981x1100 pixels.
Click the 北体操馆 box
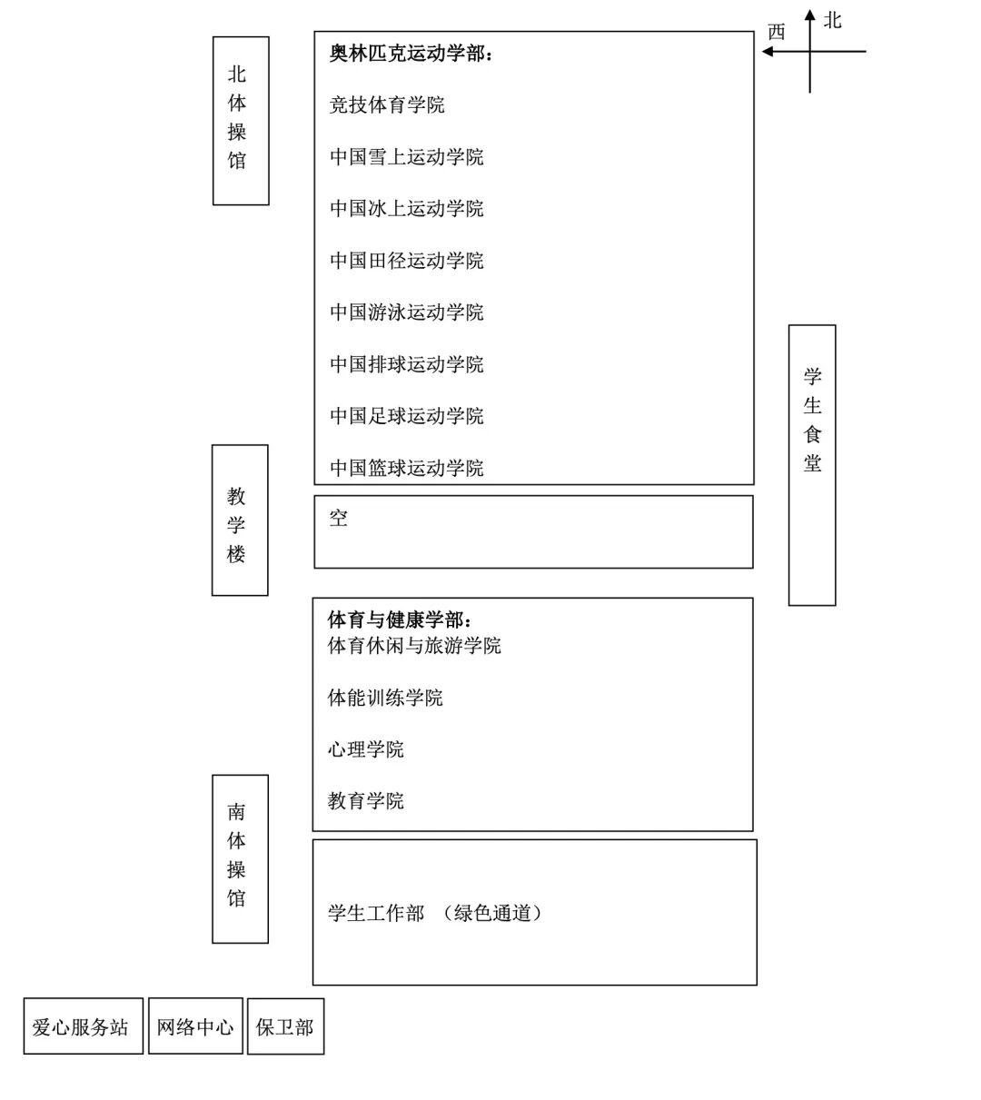241,121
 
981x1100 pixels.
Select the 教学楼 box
240,520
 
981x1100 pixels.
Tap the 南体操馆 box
240,858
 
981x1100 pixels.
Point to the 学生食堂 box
812,464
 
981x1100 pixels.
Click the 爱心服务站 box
83,1026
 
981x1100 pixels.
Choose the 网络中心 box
195,1026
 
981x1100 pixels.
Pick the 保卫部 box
285,1027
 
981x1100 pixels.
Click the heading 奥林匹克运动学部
411,54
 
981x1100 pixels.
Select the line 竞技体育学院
387,105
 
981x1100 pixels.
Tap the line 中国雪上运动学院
406,157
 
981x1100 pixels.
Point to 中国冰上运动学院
406,209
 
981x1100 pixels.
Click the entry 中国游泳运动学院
406,312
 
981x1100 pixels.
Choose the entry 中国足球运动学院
406,416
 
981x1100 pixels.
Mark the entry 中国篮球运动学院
406,468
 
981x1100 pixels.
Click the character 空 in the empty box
339,519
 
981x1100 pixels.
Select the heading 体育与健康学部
400,620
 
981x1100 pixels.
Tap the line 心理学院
366,749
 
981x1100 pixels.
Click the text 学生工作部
376,913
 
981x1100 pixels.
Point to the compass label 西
776,33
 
